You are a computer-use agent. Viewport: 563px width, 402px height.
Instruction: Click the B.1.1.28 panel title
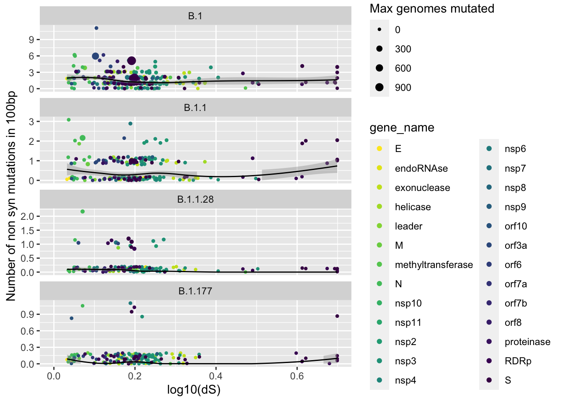(x=195, y=199)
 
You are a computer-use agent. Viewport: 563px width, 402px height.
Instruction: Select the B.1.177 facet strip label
(x=195, y=291)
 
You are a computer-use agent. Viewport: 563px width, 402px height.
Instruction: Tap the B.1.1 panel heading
(x=195, y=108)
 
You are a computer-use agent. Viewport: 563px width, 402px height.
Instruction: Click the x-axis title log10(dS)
(x=194, y=390)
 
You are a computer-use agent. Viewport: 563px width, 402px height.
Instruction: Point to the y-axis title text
(x=11, y=196)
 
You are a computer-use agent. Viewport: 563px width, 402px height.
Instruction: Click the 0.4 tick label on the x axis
(x=216, y=376)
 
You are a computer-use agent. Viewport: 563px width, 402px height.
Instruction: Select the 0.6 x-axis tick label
(x=297, y=376)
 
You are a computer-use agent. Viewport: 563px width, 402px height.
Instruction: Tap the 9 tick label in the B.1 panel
(x=31, y=40)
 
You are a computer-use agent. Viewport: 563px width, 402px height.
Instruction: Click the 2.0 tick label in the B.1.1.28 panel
(x=28, y=216)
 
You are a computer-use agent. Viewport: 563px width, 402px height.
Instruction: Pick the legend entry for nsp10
(x=408, y=303)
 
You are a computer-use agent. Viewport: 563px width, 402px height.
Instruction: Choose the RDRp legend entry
(x=518, y=361)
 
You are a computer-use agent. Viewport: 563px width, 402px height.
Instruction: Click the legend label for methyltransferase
(x=434, y=265)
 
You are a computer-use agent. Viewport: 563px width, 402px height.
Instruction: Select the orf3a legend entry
(x=516, y=245)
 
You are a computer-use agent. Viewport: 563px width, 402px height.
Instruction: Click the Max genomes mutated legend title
(x=432, y=9)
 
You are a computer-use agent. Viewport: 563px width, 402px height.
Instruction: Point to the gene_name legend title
(x=402, y=128)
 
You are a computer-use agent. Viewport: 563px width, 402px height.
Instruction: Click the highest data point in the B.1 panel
(x=96, y=28)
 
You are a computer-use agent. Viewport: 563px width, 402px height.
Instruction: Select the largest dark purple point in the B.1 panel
(x=132, y=61)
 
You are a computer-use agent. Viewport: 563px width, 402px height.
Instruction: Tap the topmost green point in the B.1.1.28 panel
(x=83, y=211)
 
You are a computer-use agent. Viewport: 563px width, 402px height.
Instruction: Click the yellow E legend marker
(x=380, y=149)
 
